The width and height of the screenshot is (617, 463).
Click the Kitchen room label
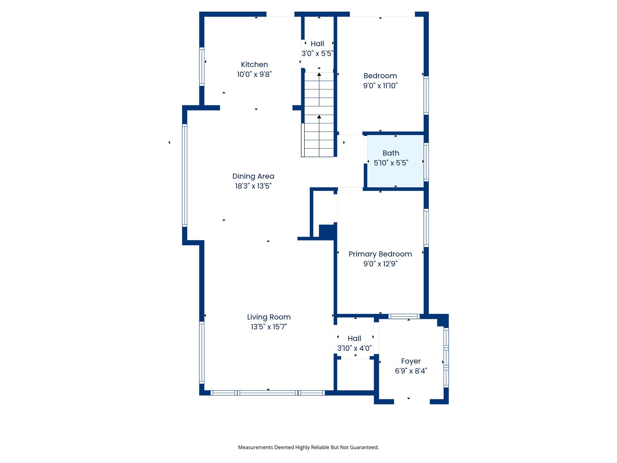[x=254, y=64]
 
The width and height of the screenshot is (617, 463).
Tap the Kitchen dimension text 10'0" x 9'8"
[x=254, y=74]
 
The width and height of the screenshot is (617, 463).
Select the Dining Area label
[x=253, y=176]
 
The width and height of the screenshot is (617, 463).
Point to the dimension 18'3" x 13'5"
[x=253, y=186]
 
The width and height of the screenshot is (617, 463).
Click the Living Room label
[x=269, y=317]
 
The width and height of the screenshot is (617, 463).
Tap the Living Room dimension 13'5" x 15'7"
[x=269, y=327]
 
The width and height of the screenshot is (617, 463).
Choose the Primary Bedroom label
[x=380, y=254]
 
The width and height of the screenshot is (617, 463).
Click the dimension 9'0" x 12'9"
[x=380, y=264]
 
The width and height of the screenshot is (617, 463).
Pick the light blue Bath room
[x=395, y=161]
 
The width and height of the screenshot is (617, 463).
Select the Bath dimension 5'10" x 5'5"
[x=391, y=163]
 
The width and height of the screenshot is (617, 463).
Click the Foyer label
[x=410, y=361]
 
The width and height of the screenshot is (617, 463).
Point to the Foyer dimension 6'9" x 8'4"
[x=410, y=371]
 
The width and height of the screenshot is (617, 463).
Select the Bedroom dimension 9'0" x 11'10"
[x=380, y=85]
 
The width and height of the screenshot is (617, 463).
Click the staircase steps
[x=319, y=114]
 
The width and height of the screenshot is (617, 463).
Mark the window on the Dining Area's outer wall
[x=184, y=175]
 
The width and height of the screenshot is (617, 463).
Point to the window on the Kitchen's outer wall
[x=201, y=66]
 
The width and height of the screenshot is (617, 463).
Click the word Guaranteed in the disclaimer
[x=365, y=447]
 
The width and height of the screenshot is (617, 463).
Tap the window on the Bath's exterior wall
[x=426, y=162]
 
